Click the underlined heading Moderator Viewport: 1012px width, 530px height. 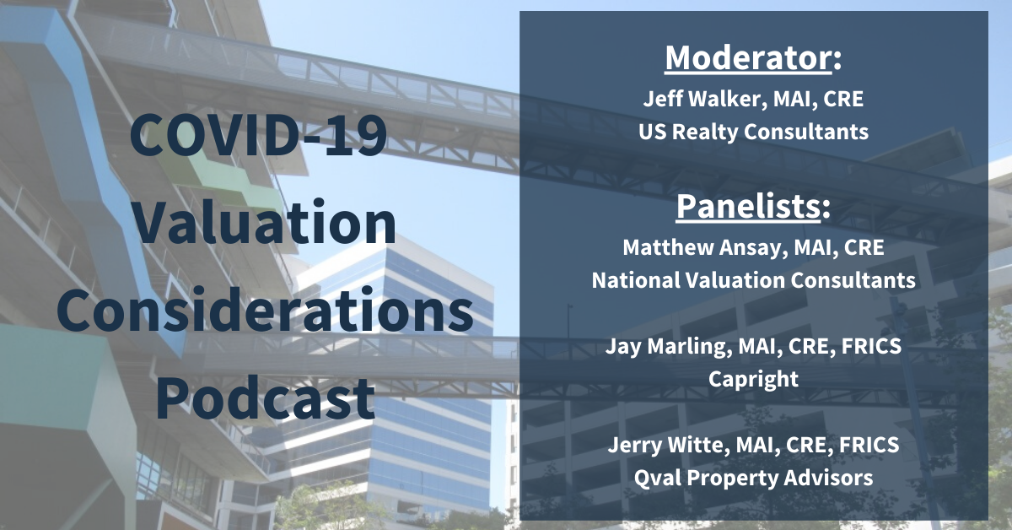point(748,58)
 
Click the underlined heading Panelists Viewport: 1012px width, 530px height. point(748,206)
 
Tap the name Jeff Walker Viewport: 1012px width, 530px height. point(702,99)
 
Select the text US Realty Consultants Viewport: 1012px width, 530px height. point(753,132)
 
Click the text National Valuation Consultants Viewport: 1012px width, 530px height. point(754,280)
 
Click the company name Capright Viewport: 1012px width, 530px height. point(753,380)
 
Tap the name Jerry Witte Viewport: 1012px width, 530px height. point(666,445)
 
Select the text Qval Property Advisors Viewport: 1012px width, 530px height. point(753,479)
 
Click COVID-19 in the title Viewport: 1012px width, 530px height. point(258,135)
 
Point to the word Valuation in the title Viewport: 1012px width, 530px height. point(265,223)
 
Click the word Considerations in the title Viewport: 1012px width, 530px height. point(265,311)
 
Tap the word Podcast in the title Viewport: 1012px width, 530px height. point(265,398)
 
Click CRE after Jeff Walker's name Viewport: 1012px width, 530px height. point(843,99)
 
